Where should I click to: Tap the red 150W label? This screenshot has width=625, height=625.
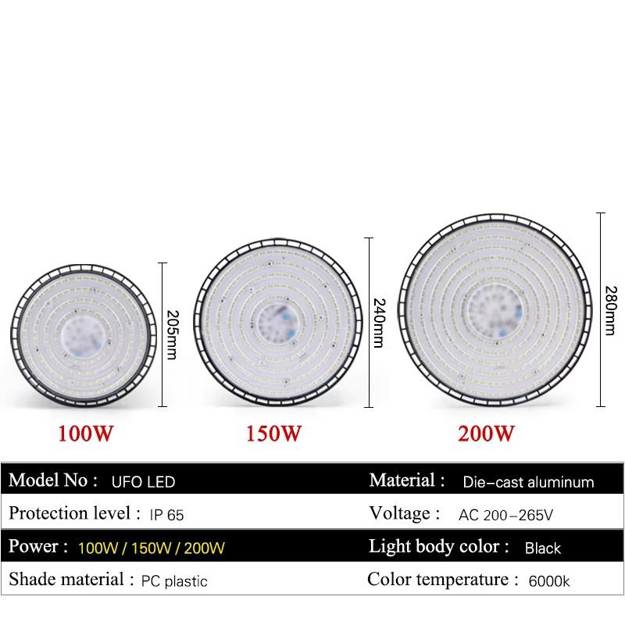coord(273,433)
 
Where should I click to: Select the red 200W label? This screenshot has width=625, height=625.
coord(487,433)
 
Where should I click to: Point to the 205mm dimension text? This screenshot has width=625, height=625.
coord(173,334)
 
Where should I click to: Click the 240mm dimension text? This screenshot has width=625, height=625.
coord(379,322)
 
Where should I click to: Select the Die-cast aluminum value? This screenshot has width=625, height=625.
coord(528,482)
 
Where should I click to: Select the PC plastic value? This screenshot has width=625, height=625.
coord(174,581)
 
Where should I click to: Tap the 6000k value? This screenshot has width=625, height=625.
coord(549,581)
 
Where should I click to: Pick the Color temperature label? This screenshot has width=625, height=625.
coord(442,580)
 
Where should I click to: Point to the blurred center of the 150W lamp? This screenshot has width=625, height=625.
coord(277,320)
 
